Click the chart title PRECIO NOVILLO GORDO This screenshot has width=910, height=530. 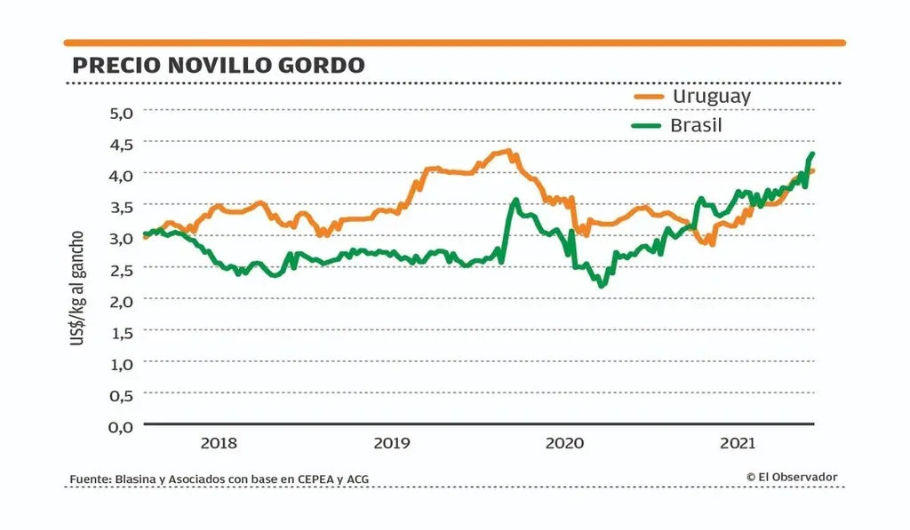click(218, 66)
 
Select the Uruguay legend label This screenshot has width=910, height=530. click(711, 96)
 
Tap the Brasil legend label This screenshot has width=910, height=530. click(696, 125)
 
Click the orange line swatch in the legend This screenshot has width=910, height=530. click(648, 96)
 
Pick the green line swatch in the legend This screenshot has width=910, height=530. click(648, 125)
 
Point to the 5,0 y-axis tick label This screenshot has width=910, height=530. click(121, 113)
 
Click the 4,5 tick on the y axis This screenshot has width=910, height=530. click(121, 144)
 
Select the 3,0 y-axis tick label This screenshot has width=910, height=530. click(121, 238)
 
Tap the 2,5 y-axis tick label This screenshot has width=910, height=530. click(121, 270)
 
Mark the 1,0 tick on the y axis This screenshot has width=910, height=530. click(121, 364)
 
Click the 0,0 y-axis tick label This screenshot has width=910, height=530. click(121, 427)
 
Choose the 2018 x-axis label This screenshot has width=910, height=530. click(219, 443)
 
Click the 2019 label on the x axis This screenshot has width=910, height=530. click(391, 443)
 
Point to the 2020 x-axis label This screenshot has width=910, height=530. click(563, 443)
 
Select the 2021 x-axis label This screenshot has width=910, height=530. click(738, 443)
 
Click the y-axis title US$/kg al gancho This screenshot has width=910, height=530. click(77, 289)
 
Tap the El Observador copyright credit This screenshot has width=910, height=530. click(792, 478)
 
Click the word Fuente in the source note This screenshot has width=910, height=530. click(90, 479)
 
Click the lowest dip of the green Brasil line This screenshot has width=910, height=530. click(602, 285)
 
